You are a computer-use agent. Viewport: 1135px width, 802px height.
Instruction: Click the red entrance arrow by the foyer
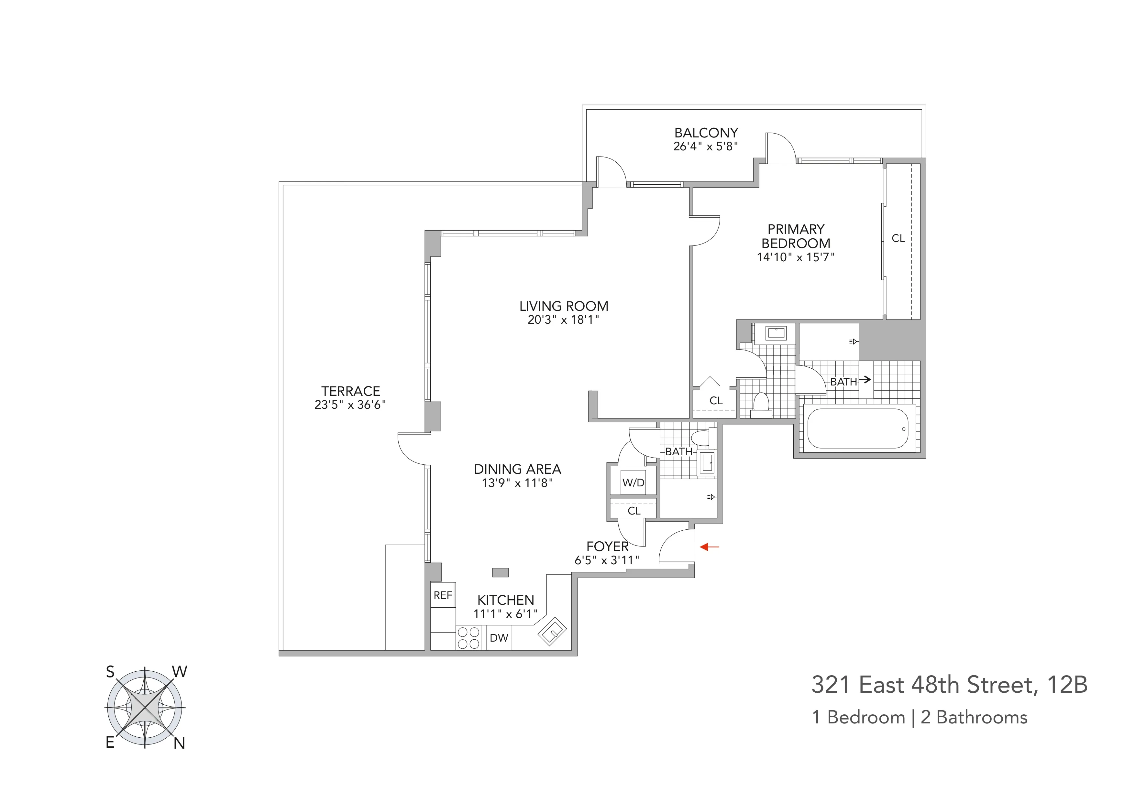[x=710, y=547]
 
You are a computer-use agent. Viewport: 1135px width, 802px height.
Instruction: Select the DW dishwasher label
[x=499, y=638]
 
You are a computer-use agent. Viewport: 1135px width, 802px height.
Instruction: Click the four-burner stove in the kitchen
[x=468, y=638]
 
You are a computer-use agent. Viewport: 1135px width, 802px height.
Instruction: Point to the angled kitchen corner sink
[x=552, y=631]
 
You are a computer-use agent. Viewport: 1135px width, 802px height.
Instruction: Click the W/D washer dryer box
[x=633, y=483]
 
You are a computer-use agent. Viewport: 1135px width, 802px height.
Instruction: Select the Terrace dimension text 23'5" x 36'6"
[x=350, y=405]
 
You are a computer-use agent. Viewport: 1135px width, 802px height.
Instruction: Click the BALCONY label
[x=706, y=133]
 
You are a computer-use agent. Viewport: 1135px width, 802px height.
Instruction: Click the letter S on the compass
[x=110, y=672]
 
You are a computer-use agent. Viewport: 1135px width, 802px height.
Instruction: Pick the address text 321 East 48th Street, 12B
[x=949, y=685]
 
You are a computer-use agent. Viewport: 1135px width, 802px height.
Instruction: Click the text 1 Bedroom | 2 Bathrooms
[x=920, y=718]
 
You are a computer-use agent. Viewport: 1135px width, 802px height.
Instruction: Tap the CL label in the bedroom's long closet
[x=898, y=239]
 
